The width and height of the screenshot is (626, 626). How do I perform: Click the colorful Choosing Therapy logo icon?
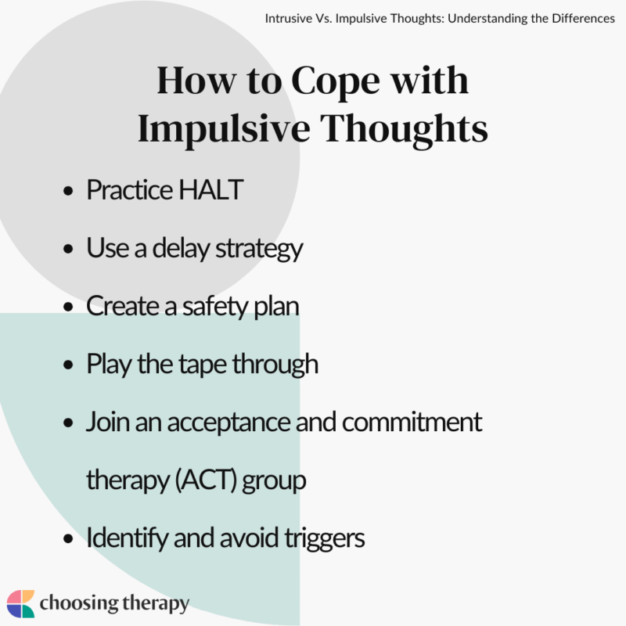pyautogui.click(x=20, y=604)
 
